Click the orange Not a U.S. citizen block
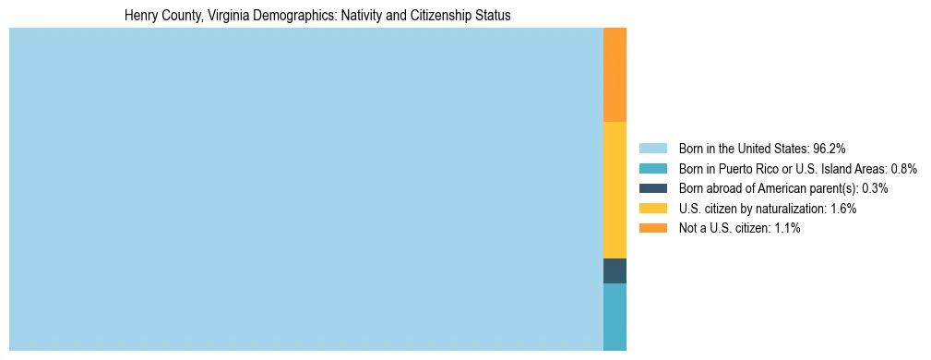coord(615,75)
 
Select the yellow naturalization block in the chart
coord(615,190)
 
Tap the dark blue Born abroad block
coord(615,270)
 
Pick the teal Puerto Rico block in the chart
coord(615,317)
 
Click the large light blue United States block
coord(305,189)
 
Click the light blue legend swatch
coord(652,149)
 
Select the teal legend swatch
coord(652,169)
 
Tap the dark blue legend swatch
coord(652,188)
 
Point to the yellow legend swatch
coord(652,209)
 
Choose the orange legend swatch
coord(652,228)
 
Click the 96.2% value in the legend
coord(830,149)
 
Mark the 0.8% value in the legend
coord(903,169)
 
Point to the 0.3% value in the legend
coord(875,188)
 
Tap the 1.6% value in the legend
coord(842,209)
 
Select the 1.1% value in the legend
coord(786,228)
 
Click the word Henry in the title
coord(140,16)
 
